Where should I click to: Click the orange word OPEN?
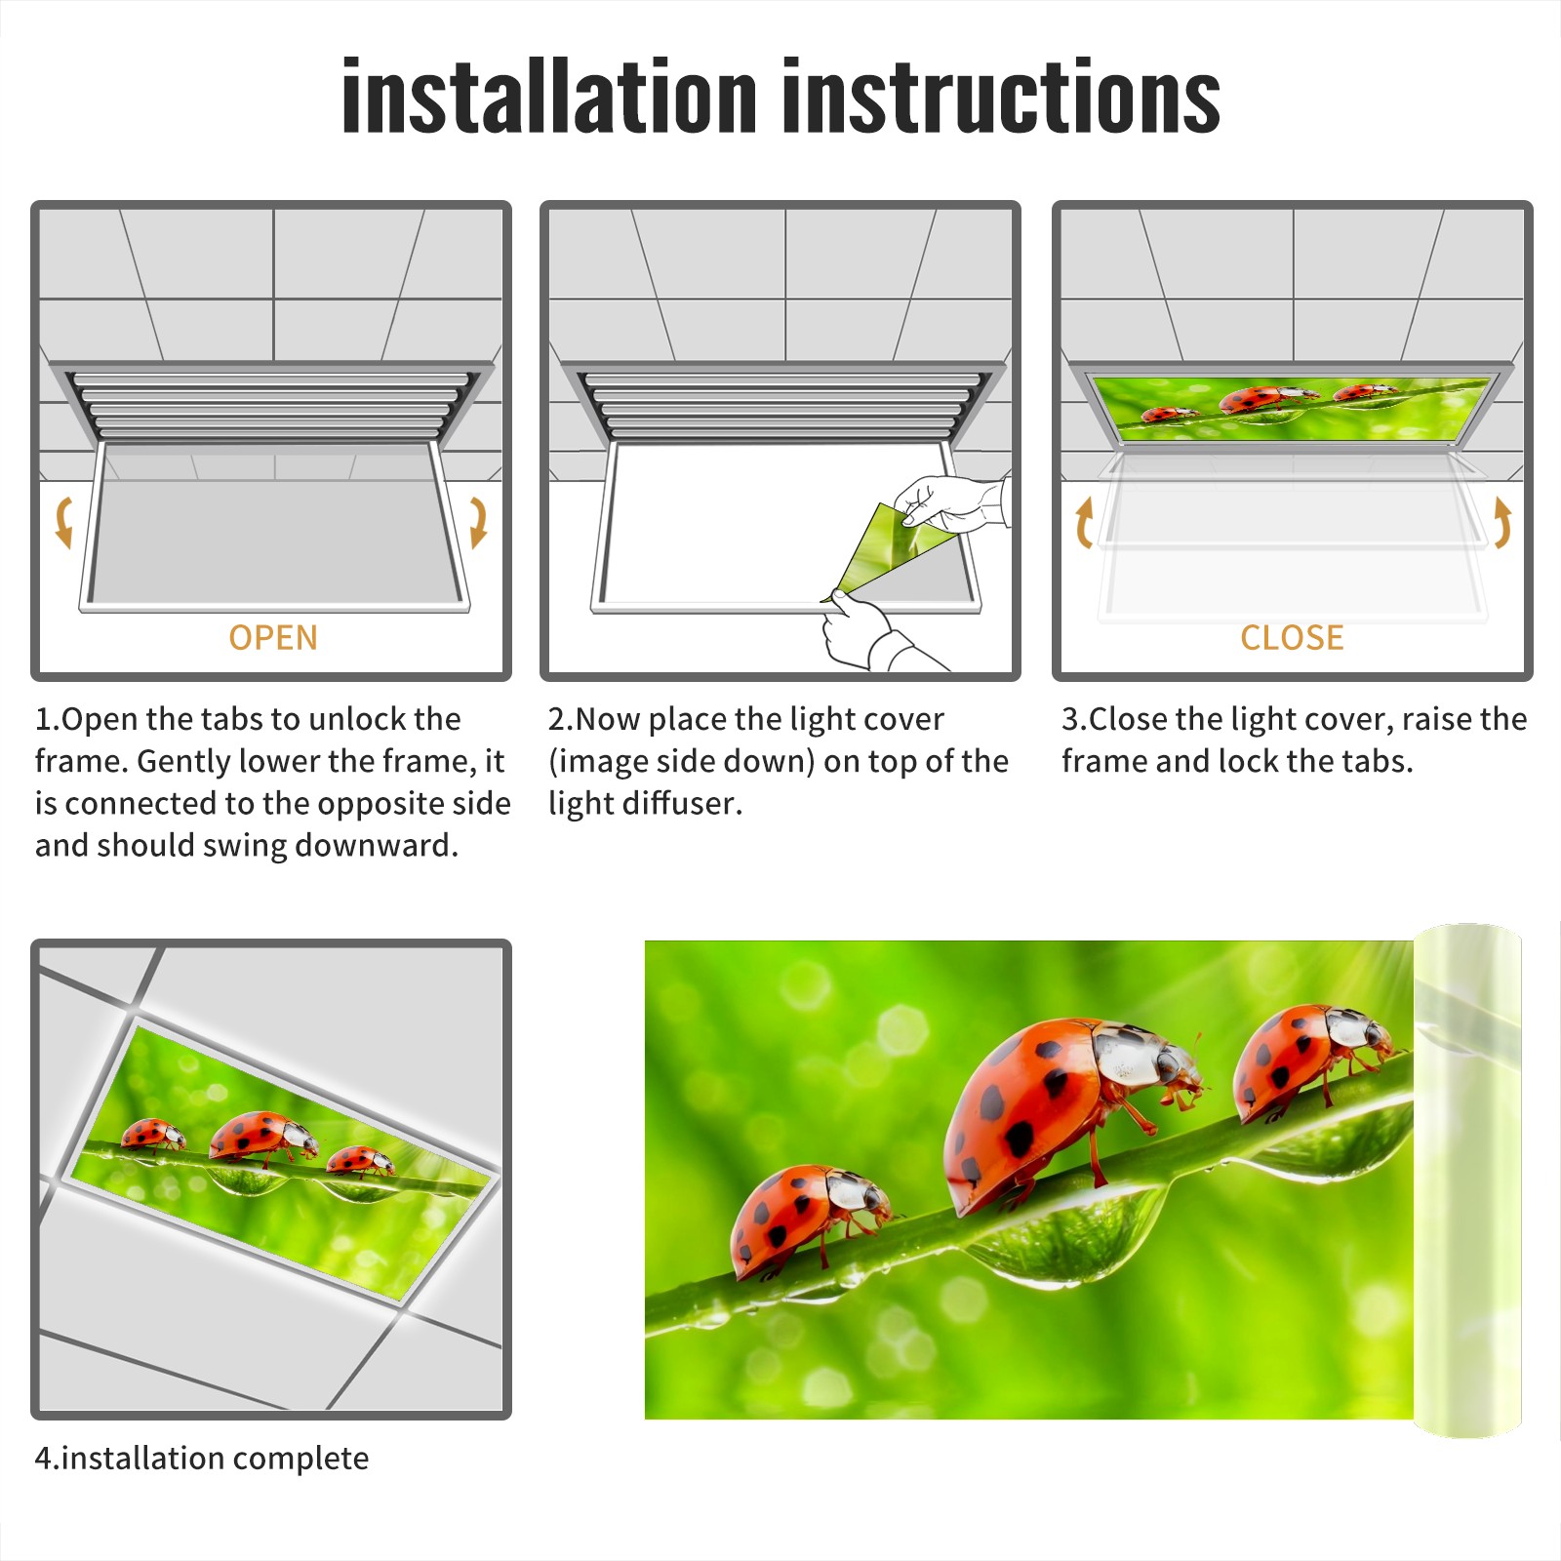pos(273,637)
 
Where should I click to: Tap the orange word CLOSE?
pos(1292,637)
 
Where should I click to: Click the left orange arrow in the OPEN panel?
pos(63,522)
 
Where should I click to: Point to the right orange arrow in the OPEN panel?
pos(478,522)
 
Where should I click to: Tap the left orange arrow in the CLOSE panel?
pos(1084,522)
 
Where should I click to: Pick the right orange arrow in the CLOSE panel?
pos(1502,522)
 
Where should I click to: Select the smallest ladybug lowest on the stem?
pos(810,1220)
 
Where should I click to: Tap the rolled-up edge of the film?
pos(1466,1181)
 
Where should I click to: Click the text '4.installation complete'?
pos(202,1458)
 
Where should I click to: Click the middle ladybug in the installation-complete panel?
pos(263,1137)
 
